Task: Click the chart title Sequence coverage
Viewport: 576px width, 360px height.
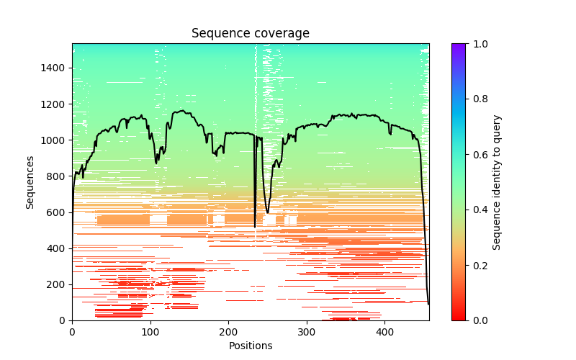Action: [x=250, y=34]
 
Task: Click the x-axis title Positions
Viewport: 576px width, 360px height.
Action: [x=250, y=346]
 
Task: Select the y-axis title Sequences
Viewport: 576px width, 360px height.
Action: [x=30, y=182]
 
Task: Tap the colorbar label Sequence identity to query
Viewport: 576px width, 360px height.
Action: [x=497, y=182]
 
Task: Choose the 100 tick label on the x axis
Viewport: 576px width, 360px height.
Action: [x=150, y=332]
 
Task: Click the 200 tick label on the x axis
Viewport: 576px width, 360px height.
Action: [x=228, y=332]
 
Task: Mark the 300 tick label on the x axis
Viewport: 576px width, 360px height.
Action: [x=307, y=332]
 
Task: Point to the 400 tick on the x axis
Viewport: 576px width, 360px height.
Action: [x=384, y=332]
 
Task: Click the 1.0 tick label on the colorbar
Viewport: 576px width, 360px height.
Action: [x=477, y=44]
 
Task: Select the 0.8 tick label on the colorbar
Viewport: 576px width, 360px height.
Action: [x=477, y=99]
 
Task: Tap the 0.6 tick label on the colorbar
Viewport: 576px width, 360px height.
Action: [x=477, y=155]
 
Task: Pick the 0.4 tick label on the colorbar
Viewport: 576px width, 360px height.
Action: [x=477, y=210]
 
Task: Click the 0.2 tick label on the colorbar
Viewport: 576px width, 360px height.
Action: [x=477, y=265]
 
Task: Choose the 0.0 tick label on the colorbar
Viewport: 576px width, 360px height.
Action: [x=477, y=320]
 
